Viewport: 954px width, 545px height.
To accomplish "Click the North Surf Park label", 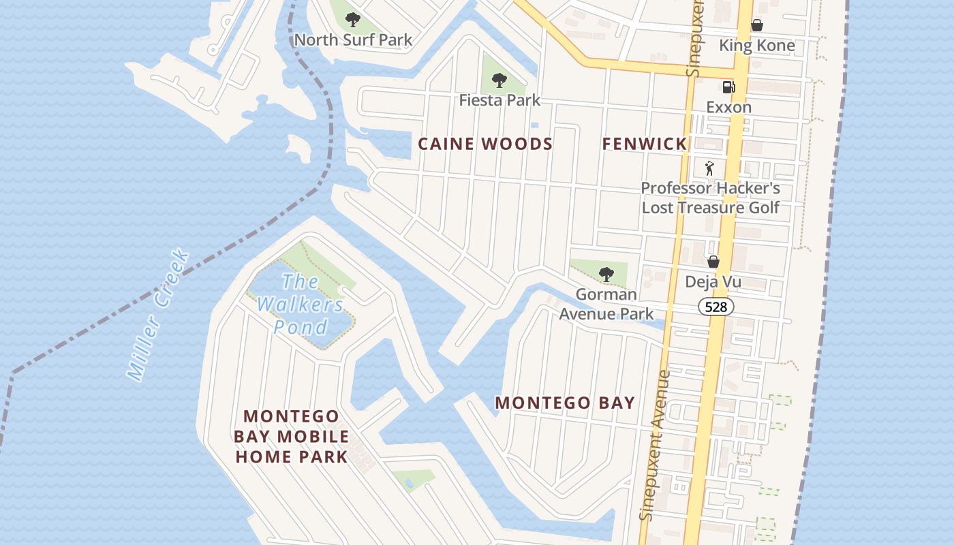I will [x=353, y=40].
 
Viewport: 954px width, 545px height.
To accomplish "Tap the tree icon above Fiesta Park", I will [x=499, y=80].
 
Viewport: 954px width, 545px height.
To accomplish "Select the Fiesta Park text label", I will [x=499, y=100].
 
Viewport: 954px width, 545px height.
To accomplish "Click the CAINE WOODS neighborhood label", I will [x=485, y=144].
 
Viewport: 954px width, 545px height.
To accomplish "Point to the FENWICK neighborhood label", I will [x=645, y=144].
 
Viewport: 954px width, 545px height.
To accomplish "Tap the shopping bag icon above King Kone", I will [x=756, y=26].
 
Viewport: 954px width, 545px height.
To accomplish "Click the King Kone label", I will [x=757, y=46].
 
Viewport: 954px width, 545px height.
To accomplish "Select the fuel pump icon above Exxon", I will [x=728, y=87].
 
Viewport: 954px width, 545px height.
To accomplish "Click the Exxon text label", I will [x=728, y=107].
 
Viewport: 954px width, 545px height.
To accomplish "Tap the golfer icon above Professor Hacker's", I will [x=710, y=168].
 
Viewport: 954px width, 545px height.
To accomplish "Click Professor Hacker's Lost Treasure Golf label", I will [x=711, y=198].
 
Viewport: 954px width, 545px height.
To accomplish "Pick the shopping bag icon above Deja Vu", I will [x=713, y=262].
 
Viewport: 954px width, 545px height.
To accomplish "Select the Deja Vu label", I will [x=713, y=282].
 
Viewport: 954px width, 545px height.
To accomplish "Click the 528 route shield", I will [x=715, y=307].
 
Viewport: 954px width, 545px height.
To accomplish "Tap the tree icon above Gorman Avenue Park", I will [x=605, y=275].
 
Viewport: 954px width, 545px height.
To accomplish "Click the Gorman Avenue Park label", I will [x=606, y=304].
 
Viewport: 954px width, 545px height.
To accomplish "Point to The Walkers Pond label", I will [x=301, y=304].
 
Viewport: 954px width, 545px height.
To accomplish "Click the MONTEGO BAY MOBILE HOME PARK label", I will [x=292, y=436].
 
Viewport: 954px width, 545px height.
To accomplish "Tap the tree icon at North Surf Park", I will [x=353, y=20].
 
